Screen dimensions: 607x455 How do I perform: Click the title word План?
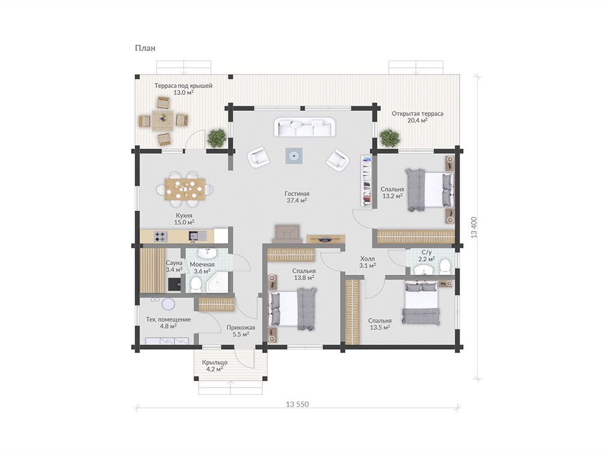pyautogui.click(x=145, y=48)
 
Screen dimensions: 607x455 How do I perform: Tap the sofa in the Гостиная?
pyautogui.click(x=304, y=127)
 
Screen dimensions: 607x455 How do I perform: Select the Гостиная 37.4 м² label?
pyautogui.click(x=297, y=197)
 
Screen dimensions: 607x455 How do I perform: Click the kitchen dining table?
pyautogui.click(x=185, y=189)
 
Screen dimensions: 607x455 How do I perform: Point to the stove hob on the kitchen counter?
pyautogui.click(x=161, y=236)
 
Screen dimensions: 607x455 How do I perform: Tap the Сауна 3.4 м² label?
pyautogui.click(x=174, y=266)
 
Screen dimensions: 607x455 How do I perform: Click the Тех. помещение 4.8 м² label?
pyautogui.click(x=168, y=323)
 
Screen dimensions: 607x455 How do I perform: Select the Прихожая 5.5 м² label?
pyautogui.click(x=241, y=331)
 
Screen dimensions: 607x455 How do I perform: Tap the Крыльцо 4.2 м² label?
pyautogui.click(x=214, y=366)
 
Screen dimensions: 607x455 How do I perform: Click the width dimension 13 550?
pyautogui.click(x=297, y=405)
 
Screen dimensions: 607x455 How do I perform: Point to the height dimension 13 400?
pyautogui.click(x=474, y=227)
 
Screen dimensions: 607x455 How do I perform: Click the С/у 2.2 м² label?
pyautogui.click(x=427, y=255)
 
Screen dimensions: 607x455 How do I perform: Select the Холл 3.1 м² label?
pyautogui.click(x=367, y=262)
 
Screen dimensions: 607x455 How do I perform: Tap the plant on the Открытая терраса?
pyautogui.click(x=389, y=138)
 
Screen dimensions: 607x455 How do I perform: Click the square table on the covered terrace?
pyautogui.click(x=164, y=120)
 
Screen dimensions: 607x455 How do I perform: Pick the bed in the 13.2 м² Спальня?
pyautogui.click(x=429, y=189)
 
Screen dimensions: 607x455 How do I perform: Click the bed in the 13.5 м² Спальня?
pyautogui.click(x=421, y=303)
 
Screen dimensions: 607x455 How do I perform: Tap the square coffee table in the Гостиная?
pyautogui.click(x=294, y=156)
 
